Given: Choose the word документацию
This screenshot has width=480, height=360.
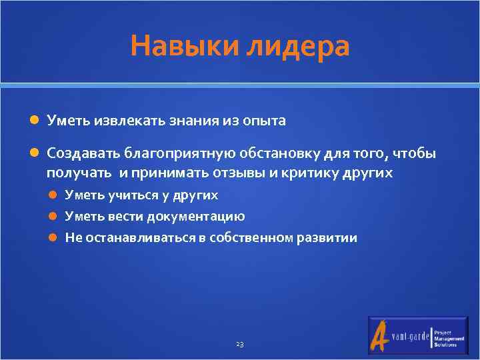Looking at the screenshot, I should tap(199, 217).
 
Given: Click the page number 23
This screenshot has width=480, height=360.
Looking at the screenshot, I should tap(240, 344).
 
